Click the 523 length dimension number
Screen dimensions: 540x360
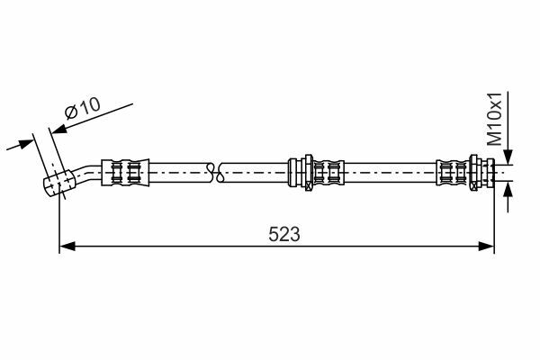click(284, 234)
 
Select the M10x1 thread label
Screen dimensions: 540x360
click(495, 119)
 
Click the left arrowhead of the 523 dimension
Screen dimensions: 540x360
click(67, 247)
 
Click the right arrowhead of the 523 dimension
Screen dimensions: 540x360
click(486, 247)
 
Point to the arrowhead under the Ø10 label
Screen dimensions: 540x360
click(58, 130)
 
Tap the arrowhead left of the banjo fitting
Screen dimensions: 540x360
click(25, 143)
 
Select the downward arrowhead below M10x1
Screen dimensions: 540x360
click(508, 156)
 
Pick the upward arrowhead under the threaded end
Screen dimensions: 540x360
click(508, 189)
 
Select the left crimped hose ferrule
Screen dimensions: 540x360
click(125, 173)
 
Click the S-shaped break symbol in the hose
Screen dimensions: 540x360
click(215, 172)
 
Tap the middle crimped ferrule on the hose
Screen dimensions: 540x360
click(328, 173)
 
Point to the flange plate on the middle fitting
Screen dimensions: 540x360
click(309, 172)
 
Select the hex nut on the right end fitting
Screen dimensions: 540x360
click(475, 172)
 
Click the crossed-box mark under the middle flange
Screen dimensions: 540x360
click(309, 187)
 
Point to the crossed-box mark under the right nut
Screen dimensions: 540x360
click(475, 186)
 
